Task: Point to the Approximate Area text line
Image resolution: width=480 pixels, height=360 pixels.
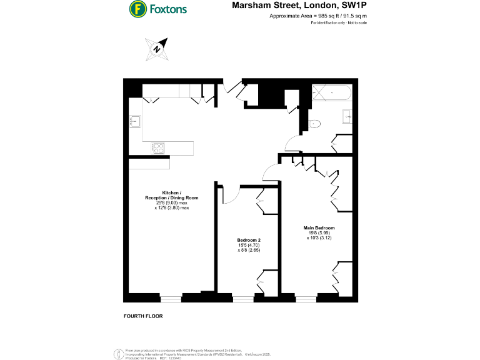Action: pos(318,16)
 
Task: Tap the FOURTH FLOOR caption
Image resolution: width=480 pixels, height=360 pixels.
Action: pos(143,316)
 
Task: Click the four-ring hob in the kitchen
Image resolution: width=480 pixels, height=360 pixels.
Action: pos(159,148)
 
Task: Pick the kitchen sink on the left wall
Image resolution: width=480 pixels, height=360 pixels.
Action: pos(134,120)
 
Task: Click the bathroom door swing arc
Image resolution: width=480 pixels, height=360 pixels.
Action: pos(292,145)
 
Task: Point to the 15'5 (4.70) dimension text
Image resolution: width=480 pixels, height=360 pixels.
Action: pos(249,246)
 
